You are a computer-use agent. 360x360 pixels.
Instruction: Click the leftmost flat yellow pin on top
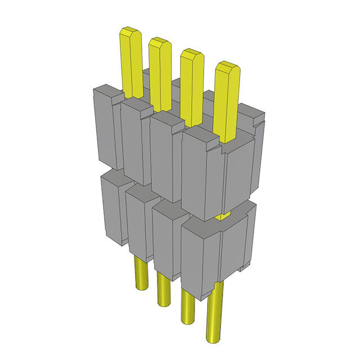tap(132, 62)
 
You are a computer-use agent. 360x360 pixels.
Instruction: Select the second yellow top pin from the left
tap(160, 73)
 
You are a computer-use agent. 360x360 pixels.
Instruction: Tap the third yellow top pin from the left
tap(192, 87)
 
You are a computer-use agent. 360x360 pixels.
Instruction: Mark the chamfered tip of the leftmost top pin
tap(130, 31)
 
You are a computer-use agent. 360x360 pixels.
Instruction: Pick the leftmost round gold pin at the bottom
tap(141, 273)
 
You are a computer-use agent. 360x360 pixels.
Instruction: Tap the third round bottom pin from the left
tap(187, 307)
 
